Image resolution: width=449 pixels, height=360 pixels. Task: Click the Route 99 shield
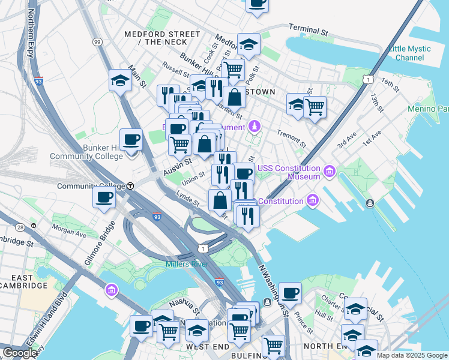(97, 41)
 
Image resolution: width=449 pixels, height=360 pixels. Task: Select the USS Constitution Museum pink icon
(329, 173)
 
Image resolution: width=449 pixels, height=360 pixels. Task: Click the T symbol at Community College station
(130, 186)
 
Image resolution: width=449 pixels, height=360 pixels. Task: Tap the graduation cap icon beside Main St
(120, 80)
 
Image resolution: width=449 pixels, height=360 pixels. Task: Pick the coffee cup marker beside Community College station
(104, 197)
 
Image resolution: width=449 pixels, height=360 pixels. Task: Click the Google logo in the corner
(19, 353)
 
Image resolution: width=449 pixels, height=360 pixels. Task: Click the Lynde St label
(188, 200)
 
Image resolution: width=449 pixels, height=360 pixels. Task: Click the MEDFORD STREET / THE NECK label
(161, 38)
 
